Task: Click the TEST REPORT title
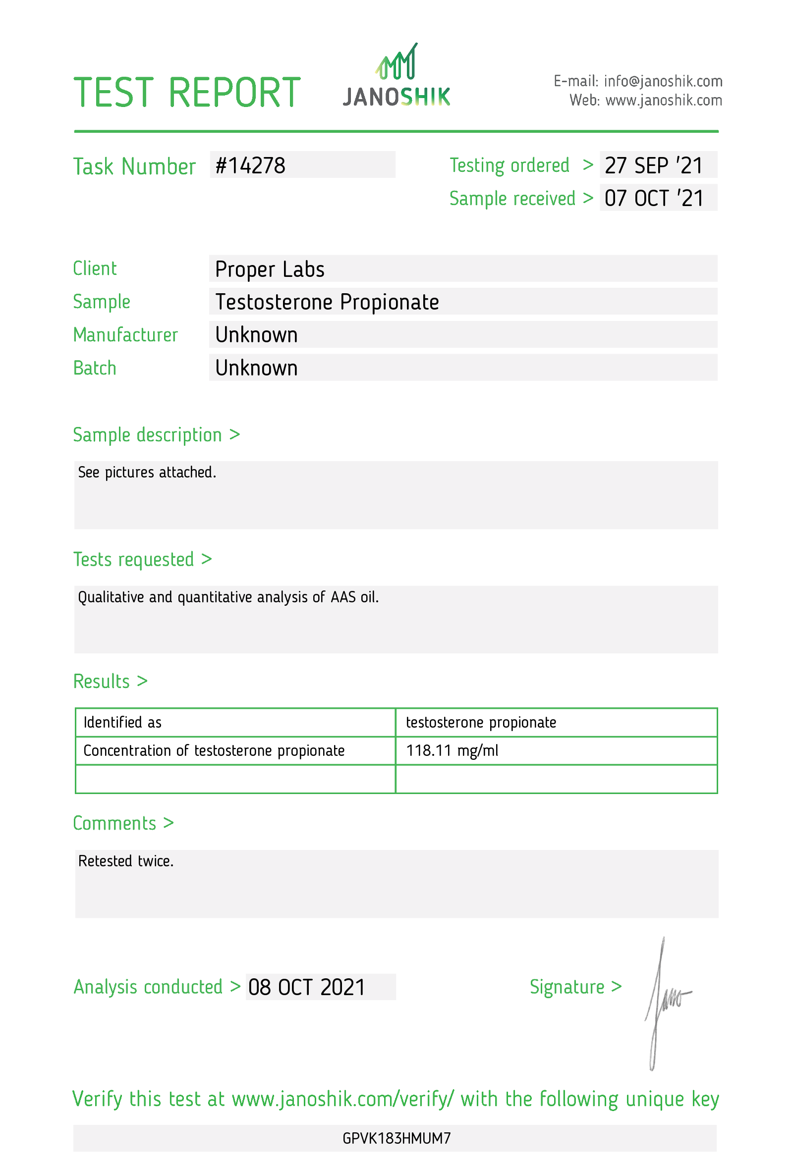pos(187,93)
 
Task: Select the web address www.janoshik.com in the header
pos(663,101)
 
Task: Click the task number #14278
pos(250,165)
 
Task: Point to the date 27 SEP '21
pos(653,165)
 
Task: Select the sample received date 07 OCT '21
pos(653,198)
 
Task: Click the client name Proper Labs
pos(269,269)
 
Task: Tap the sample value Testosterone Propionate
pos(327,302)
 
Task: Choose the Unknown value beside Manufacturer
pos(256,335)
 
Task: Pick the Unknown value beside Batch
pos(256,368)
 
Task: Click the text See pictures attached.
pos(147,473)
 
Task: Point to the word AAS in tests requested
pos(342,597)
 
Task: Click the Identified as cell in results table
pos(122,722)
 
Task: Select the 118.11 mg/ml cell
pos(452,750)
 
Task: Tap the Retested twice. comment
pos(126,861)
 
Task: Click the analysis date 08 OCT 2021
pos(306,987)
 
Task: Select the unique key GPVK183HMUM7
pos(396,1138)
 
